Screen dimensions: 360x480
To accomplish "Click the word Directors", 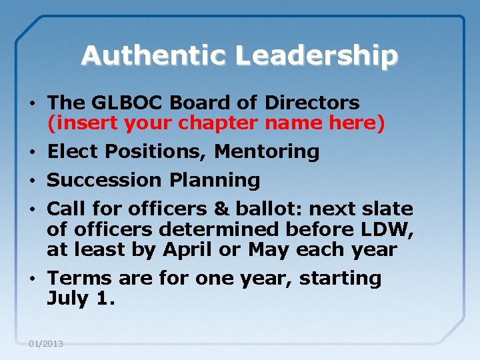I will (x=312, y=103).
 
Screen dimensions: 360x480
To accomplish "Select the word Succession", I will (x=104, y=180).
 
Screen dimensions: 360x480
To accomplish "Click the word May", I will (x=266, y=251).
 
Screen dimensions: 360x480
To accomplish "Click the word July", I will (x=67, y=299).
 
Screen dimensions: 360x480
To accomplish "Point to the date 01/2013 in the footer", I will (x=46, y=343).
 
